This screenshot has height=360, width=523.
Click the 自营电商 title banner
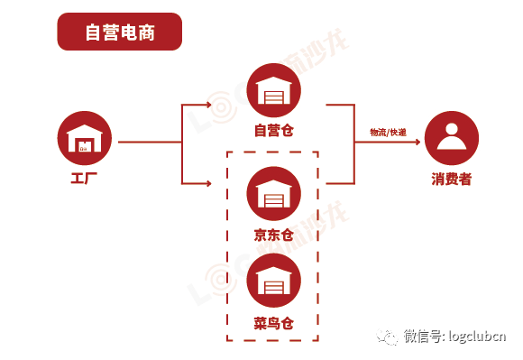click(119, 32)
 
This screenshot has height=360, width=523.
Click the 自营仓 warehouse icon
click(273, 90)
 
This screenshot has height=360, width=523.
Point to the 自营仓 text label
click(273, 130)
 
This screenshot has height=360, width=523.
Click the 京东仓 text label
click(273, 235)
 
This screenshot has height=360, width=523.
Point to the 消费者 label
click(452, 179)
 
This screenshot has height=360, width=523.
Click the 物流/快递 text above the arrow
click(388, 133)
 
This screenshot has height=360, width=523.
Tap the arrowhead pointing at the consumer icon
click(417, 143)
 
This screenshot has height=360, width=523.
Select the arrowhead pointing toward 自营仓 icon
click(213, 105)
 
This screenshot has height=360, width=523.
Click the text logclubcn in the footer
click(477, 336)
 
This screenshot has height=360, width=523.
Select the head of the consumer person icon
click(452, 128)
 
